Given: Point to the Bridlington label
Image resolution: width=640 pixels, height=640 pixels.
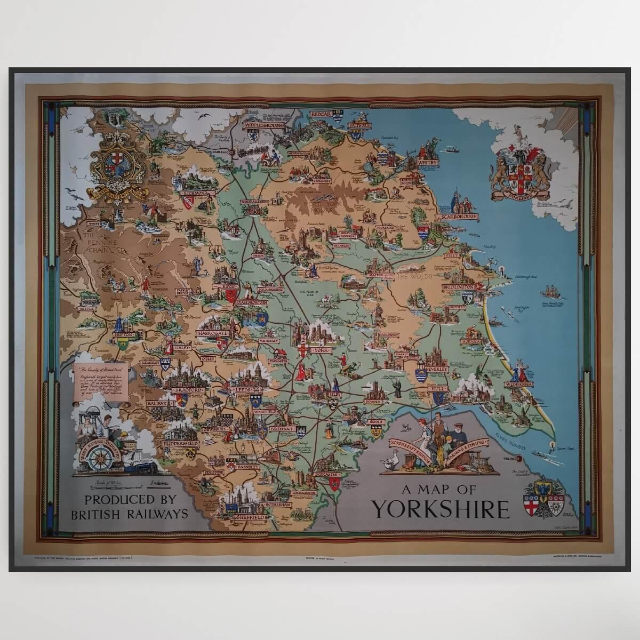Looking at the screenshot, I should point(458,287).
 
